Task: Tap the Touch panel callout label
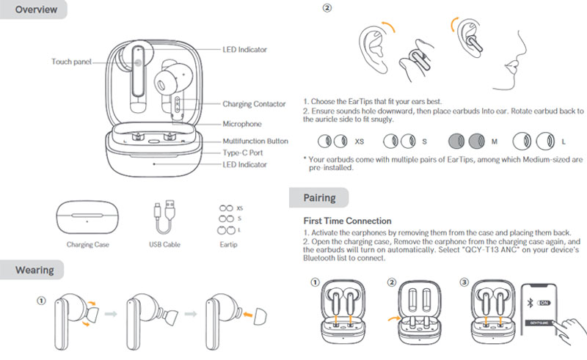71,62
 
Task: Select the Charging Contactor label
254,104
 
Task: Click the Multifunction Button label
255,140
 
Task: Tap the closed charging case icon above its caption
87,217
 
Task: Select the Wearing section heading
34,270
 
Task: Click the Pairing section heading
319,198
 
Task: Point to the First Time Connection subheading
347,221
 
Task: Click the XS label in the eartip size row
359,140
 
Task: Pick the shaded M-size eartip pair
467,140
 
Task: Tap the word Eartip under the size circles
230,243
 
